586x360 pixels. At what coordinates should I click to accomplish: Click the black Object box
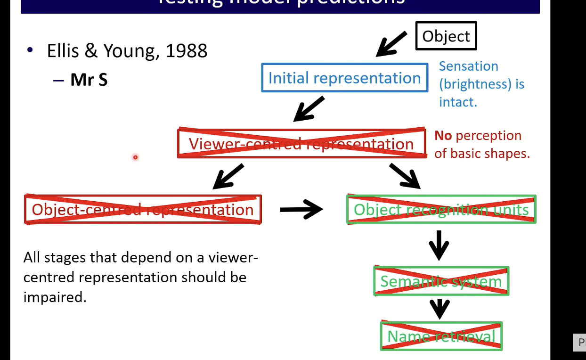click(446, 36)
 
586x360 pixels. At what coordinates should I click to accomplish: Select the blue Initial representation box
click(344, 78)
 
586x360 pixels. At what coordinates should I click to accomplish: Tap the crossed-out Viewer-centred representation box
click(301, 143)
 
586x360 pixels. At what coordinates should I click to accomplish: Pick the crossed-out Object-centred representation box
click(142, 209)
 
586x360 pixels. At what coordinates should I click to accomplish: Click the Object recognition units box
click(441, 209)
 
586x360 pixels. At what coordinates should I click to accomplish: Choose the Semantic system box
click(441, 281)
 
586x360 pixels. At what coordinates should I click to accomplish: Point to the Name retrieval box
click(441, 336)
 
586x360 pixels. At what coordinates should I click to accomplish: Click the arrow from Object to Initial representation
click(391, 44)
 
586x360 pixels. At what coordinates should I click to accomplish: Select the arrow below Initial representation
click(309, 109)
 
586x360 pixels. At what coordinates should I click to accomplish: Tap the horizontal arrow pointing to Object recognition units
click(301, 209)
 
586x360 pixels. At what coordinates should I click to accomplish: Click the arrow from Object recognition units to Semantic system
click(439, 245)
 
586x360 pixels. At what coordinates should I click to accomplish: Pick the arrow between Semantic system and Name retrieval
click(439, 309)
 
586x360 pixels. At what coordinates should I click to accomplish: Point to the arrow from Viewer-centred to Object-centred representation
click(228, 176)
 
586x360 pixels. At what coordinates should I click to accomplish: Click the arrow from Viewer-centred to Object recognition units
click(404, 176)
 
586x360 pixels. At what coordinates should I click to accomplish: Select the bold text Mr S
click(89, 80)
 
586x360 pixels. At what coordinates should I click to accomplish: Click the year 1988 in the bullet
click(187, 50)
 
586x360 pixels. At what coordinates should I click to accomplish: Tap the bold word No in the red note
click(443, 136)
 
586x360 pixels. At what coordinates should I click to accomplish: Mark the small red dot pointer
click(135, 157)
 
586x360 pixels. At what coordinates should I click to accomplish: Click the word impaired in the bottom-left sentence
click(55, 297)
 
